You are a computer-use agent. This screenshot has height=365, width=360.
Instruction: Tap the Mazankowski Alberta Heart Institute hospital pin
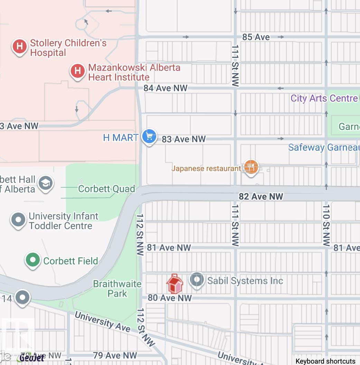78,71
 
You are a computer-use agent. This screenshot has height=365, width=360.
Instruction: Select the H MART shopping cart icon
149,136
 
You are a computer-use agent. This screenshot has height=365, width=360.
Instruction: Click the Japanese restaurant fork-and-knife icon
251,167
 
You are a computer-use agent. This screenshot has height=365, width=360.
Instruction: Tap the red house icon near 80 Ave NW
174,284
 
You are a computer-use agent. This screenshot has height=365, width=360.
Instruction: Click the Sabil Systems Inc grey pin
197,280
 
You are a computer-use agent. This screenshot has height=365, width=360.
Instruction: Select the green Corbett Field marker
33,260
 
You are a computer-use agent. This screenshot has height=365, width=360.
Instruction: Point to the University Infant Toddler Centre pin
18,220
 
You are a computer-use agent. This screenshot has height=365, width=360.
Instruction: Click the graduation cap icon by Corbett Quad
46,183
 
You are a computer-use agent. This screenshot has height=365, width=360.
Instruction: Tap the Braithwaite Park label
117,289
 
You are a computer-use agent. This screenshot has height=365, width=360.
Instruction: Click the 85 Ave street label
256,37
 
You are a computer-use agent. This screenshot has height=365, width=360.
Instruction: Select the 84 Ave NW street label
165,88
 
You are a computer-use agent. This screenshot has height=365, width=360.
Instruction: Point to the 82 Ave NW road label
261,197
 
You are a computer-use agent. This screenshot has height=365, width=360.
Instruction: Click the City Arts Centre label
324,98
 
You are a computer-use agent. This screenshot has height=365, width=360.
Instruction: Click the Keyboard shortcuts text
325,361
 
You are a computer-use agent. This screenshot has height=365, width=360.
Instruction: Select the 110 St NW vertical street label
326,225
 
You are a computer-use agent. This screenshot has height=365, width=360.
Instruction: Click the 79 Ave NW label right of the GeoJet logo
115,355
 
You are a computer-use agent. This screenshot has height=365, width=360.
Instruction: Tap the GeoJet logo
32,358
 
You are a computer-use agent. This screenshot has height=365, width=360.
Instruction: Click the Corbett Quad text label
106,189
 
